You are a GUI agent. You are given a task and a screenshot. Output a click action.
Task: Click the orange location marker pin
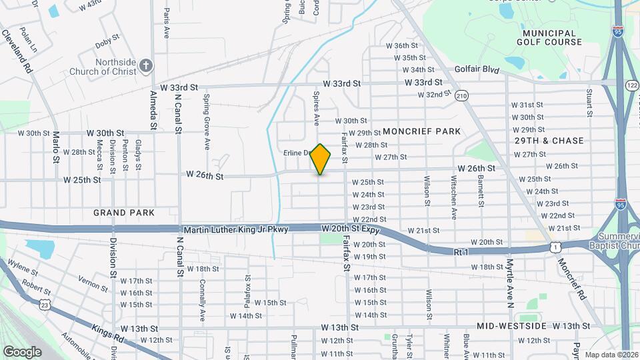point(321,159)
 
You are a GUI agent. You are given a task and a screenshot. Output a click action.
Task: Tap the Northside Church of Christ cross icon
point(147,65)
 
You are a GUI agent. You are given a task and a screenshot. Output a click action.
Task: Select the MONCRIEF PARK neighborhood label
point(422,131)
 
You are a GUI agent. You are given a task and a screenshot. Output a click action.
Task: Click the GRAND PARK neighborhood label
point(124,213)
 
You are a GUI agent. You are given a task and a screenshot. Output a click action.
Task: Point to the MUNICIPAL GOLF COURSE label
point(549,37)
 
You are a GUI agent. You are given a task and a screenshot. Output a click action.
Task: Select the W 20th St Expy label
point(350,229)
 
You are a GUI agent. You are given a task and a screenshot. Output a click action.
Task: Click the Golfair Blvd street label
point(477,69)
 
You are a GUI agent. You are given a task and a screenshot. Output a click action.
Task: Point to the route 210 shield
point(461,96)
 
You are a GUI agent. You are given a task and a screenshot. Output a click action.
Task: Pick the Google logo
point(23,351)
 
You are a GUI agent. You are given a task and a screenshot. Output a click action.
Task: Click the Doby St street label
point(107,43)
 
